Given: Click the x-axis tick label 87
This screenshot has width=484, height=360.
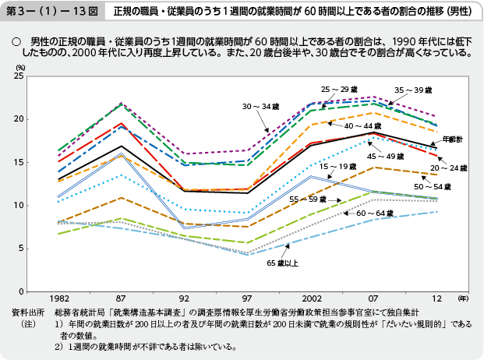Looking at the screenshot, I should (x=122, y=298).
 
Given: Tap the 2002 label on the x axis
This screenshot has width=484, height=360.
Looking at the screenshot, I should (x=312, y=298).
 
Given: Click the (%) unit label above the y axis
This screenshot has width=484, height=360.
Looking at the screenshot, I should (x=21, y=68).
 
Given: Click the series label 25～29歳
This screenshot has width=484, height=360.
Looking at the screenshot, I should (x=338, y=90).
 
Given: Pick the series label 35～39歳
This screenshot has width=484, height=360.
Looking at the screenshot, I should (x=413, y=90).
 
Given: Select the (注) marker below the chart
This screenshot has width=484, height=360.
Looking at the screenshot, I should (x=30, y=322).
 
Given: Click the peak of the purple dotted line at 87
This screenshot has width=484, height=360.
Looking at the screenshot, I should (x=122, y=104).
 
